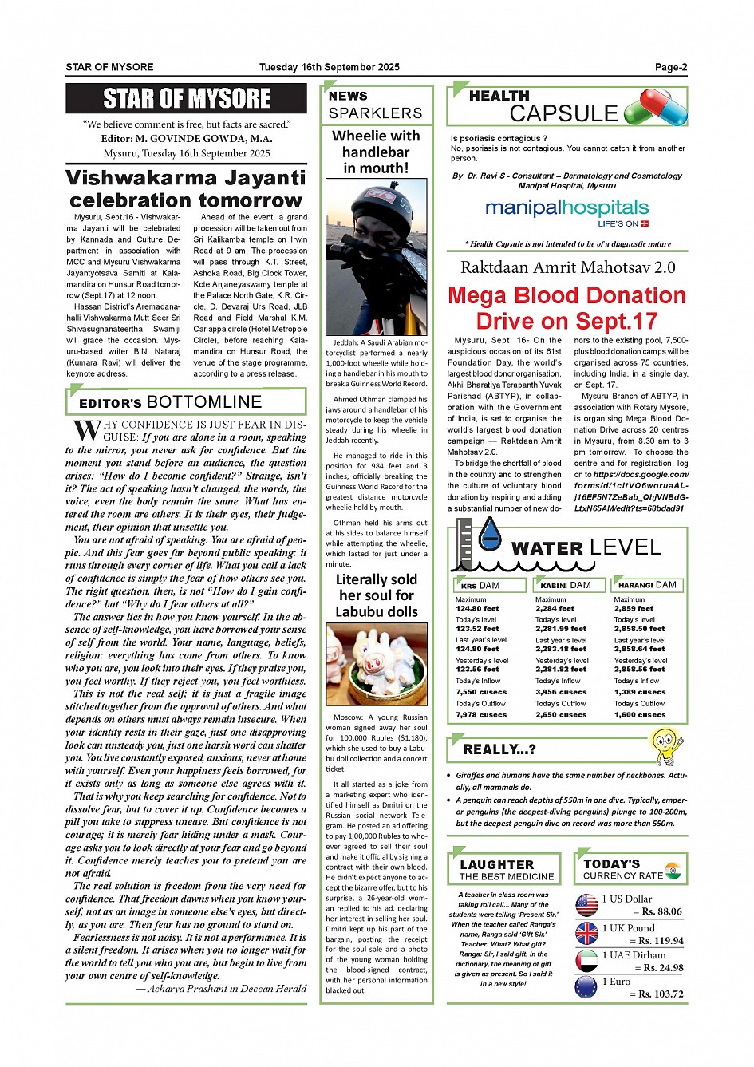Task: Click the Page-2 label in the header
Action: point(671,68)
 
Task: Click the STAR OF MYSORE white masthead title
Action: point(187,99)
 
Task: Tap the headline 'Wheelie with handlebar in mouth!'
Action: point(376,152)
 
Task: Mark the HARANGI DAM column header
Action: point(647,585)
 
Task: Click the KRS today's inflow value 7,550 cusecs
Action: point(481,692)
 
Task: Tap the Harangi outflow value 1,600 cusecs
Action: point(640,715)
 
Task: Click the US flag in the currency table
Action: point(586,905)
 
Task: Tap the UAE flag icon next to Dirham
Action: point(586,961)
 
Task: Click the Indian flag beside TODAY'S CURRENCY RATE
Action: point(673,870)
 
